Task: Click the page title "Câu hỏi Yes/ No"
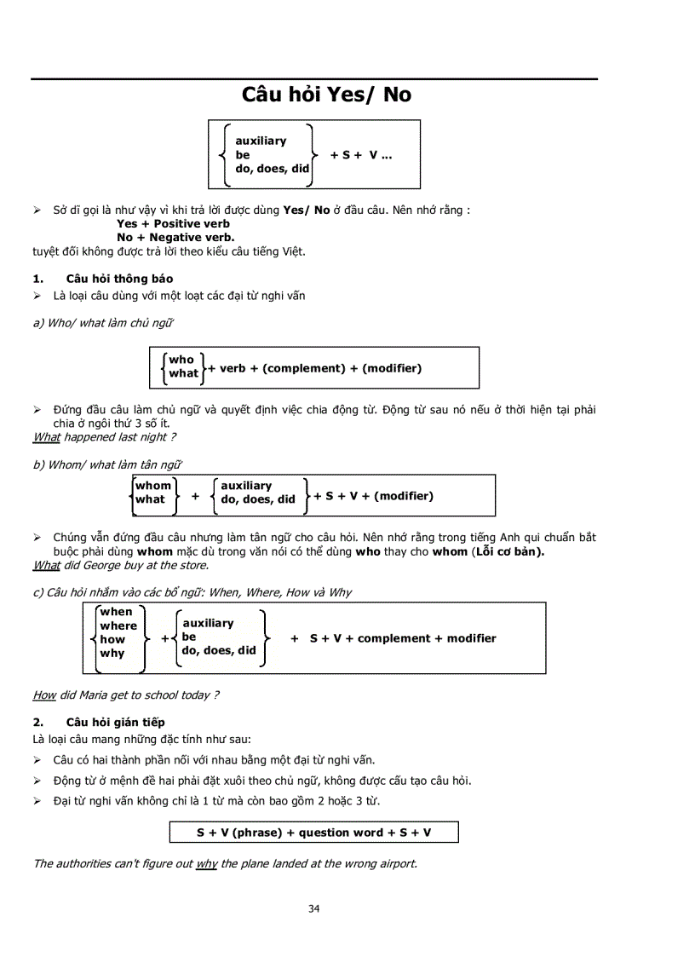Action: point(326,95)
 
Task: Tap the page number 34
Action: point(314,908)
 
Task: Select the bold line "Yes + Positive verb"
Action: point(173,224)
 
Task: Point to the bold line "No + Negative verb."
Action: point(175,238)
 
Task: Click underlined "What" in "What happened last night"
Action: point(46,437)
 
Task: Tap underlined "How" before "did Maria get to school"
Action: point(44,695)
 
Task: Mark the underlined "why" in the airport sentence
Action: point(206,864)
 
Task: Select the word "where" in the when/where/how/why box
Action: point(118,626)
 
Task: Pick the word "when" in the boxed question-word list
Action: point(116,612)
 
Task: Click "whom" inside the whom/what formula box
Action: point(153,486)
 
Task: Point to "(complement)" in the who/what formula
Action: point(304,368)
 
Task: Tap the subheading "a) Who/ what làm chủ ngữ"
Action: point(104,323)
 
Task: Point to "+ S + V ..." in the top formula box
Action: point(360,155)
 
